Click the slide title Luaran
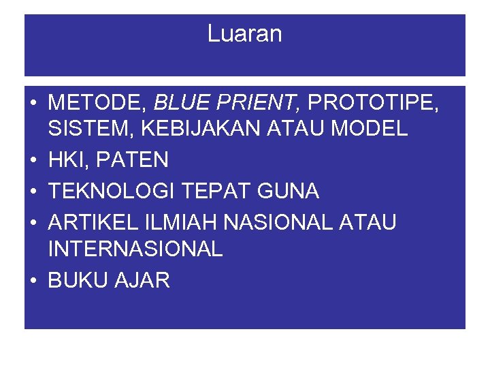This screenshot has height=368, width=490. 244,34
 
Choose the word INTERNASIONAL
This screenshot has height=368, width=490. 135,249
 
